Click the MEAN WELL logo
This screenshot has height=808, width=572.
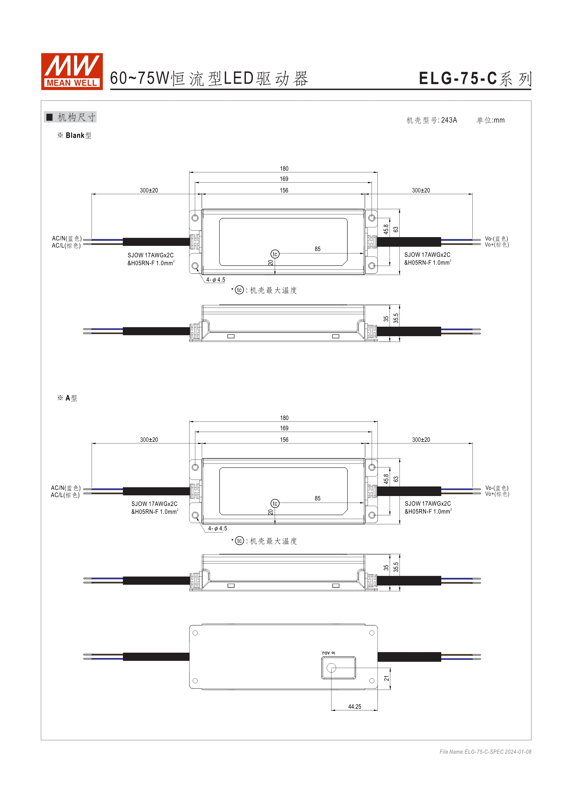(x=72, y=71)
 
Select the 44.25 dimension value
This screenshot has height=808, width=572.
(x=355, y=706)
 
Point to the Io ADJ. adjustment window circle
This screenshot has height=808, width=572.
(x=331, y=668)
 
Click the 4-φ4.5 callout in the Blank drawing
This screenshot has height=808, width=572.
(x=216, y=280)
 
